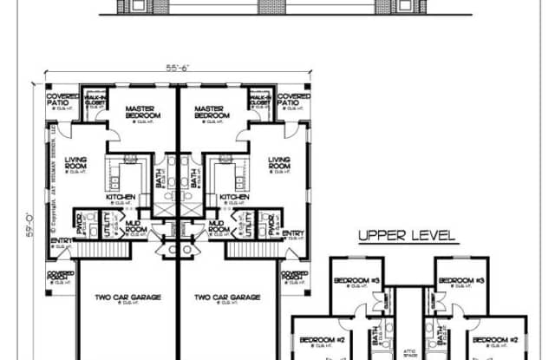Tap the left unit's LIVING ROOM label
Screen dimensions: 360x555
82,162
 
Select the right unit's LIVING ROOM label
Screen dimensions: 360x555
278,162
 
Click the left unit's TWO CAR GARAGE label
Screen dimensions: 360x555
127,298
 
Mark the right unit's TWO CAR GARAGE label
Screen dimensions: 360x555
226,298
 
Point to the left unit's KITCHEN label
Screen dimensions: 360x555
121,197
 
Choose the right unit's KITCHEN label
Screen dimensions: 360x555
234,197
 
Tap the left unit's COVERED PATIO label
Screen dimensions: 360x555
62,101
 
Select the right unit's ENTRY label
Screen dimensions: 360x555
293,232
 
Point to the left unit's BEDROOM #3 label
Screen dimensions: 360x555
354,280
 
